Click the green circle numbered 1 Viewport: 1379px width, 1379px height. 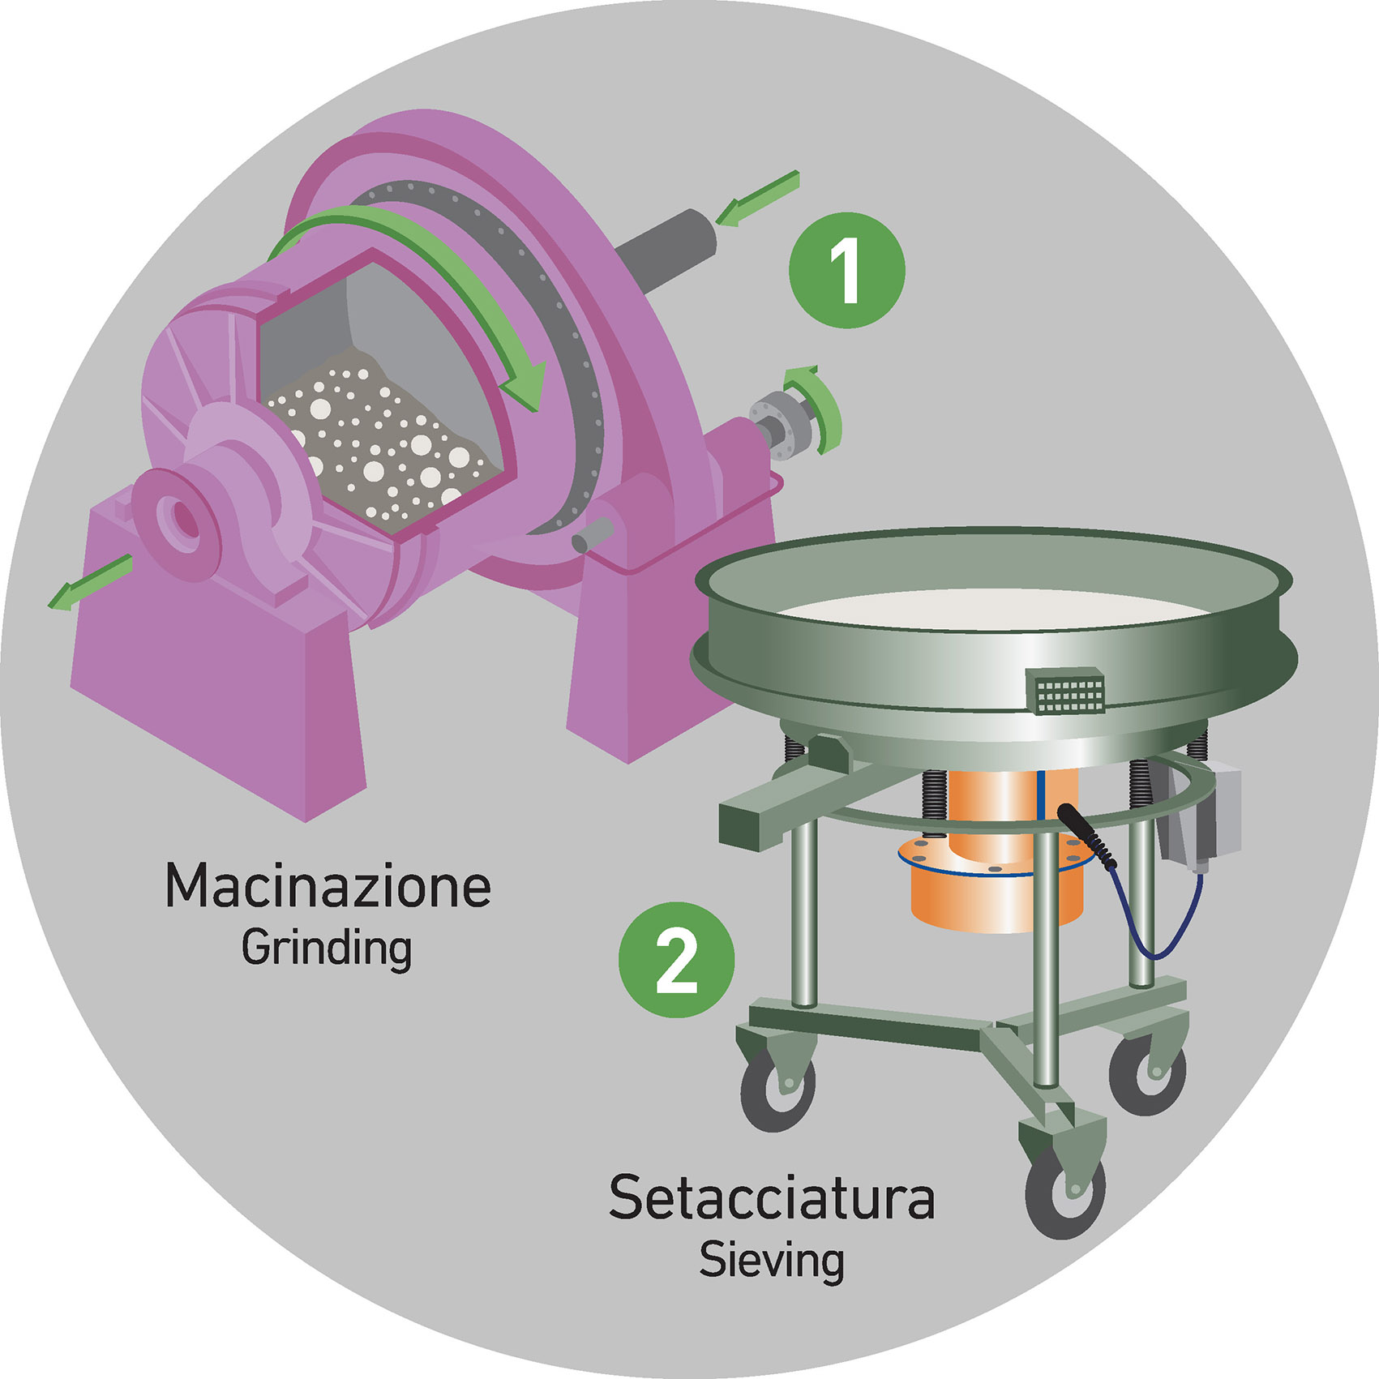point(846,270)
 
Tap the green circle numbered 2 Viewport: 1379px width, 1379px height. point(676,960)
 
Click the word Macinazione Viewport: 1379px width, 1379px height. point(328,886)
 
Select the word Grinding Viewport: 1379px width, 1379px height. point(327,948)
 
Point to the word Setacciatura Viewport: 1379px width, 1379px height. point(772,1198)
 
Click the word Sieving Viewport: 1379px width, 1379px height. point(772,1260)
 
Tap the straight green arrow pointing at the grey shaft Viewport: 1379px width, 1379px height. point(758,199)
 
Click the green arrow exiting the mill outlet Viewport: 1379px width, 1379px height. point(89,582)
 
